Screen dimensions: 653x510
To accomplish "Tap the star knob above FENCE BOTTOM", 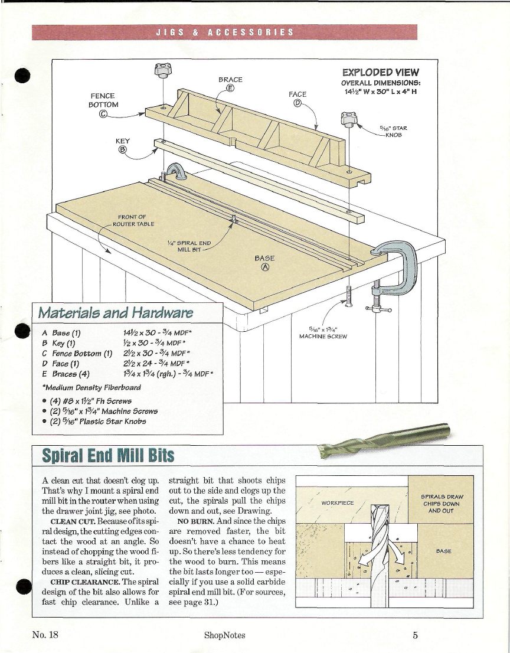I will [x=161, y=73].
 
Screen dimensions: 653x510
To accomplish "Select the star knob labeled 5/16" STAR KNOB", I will [x=349, y=120].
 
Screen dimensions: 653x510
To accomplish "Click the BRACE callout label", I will [x=230, y=79].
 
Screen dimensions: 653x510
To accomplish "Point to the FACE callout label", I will [x=297, y=94].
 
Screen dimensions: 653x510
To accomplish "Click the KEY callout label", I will [x=122, y=142].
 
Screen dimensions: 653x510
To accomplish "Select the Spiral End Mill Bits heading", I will [x=100, y=455].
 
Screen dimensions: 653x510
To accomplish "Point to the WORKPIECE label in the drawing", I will [x=338, y=502].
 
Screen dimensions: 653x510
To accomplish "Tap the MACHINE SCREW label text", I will [x=323, y=336].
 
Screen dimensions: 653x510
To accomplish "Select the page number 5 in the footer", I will [x=416, y=635].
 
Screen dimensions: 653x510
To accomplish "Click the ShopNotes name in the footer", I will [x=224, y=635].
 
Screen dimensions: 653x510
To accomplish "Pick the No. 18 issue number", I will [x=45, y=635].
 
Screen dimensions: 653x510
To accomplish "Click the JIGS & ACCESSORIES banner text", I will [x=224, y=32].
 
